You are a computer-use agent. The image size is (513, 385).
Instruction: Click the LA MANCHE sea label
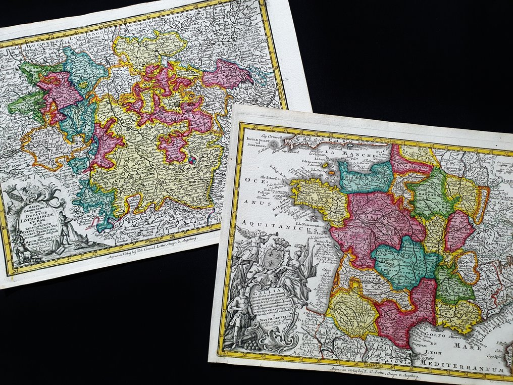tap(347, 151)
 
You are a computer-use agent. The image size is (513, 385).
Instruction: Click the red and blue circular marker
tap(192, 160)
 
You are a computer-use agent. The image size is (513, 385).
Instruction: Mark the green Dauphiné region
tap(452, 286)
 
